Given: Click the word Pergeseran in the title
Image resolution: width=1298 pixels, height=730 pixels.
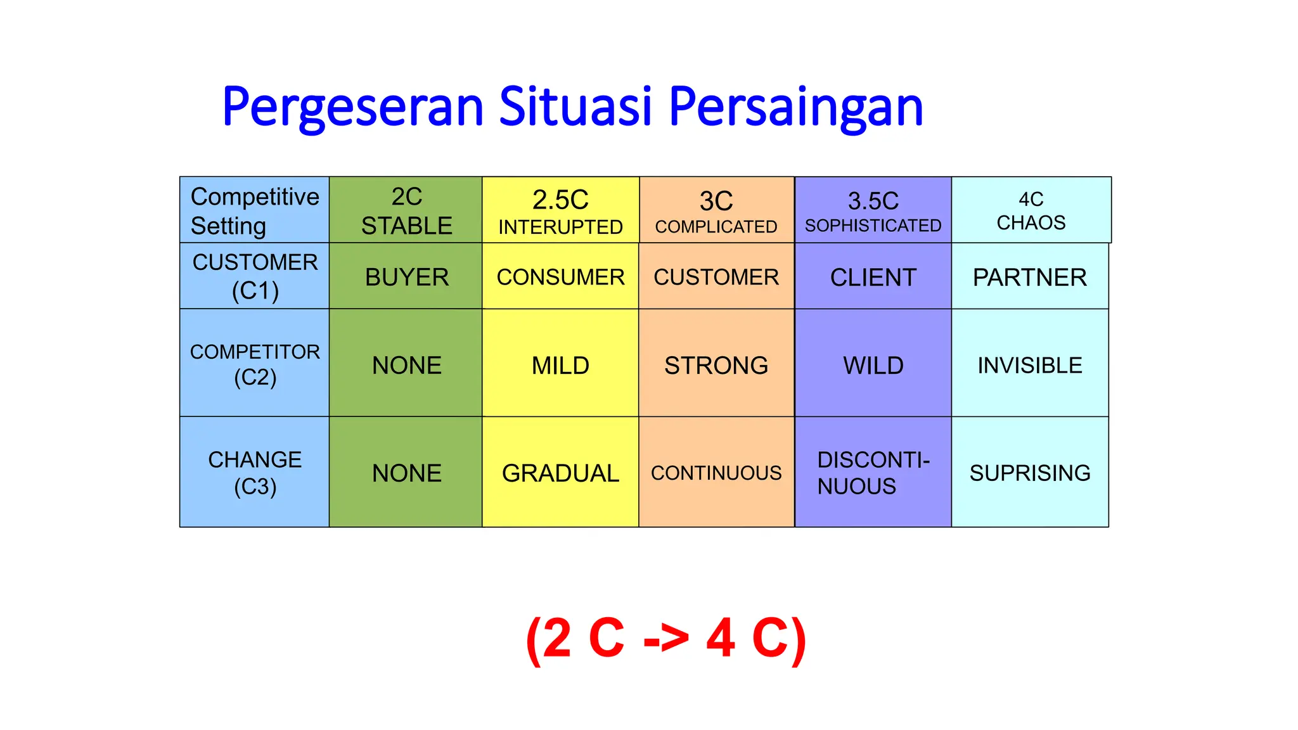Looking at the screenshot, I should pyautogui.click(x=353, y=106).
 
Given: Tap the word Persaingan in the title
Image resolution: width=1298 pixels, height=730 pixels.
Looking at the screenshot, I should pyautogui.click(x=795, y=106).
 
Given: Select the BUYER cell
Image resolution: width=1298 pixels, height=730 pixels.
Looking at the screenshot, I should pyautogui.click(x=406, y=277).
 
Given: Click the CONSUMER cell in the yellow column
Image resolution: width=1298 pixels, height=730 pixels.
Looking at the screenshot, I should pyautogui.click(x=560, y=277).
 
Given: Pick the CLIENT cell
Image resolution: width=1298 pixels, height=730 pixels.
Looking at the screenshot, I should pyautogui.click(x=873, y=277).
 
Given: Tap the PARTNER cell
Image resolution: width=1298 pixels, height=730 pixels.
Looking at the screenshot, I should pyautogui.click(x=1029, y=277).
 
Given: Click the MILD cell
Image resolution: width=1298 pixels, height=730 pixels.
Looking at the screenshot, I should pyautogui.click(x=560, y=365).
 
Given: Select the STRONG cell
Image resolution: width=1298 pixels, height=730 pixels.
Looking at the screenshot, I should pyautogui.click(x=716, y=365).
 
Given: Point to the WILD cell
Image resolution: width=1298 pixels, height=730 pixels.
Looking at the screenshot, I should pyautogui.click(x=873, y=365).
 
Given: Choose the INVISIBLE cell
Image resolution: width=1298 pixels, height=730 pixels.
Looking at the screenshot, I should pyautogui.click(x=1029, y=365).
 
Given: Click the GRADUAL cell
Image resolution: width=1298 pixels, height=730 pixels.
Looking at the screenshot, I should pyautogui.click(x=560, y=473).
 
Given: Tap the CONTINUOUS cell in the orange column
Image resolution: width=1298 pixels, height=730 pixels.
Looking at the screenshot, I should pyautogui.click(x=716, y=473).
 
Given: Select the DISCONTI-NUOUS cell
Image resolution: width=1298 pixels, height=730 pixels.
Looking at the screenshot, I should pyautogui.click(x=873, y=473).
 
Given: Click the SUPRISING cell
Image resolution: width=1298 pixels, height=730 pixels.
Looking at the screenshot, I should pyautogui.click(x=1029, y=473).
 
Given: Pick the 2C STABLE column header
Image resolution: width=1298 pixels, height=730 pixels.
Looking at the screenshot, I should pyautogui.click(x=406, y=210).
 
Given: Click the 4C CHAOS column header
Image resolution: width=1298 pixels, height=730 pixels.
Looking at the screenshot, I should pyautogui.click(x=1031, y=210).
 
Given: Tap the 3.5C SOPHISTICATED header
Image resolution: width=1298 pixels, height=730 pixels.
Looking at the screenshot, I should pyautogui.click(x=873, y=210).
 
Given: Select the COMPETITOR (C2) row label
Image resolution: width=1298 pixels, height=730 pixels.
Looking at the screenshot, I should pyautogui.click(x=255, y=364).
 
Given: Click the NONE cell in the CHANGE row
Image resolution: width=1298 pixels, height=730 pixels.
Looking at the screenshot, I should pyautogui.click(x=406, y=473).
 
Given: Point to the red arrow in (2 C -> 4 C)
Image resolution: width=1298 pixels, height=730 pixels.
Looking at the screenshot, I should pyautogui.click(x=665, y=639).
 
